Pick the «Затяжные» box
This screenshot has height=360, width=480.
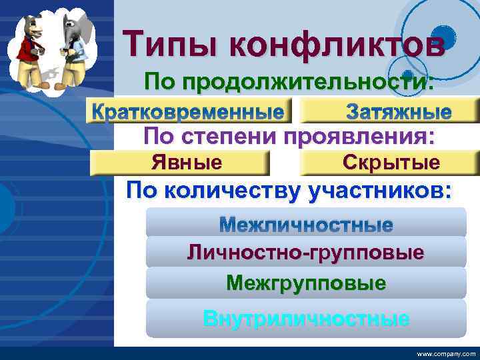coord(398,111)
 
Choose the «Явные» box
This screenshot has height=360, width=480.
coord(187,162)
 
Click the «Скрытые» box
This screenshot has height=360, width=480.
coord(391,162)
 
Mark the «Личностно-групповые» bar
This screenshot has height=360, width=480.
coord(306,253)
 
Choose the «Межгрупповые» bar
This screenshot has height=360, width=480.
coord(306,283)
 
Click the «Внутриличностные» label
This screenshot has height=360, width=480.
coord(306,318)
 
